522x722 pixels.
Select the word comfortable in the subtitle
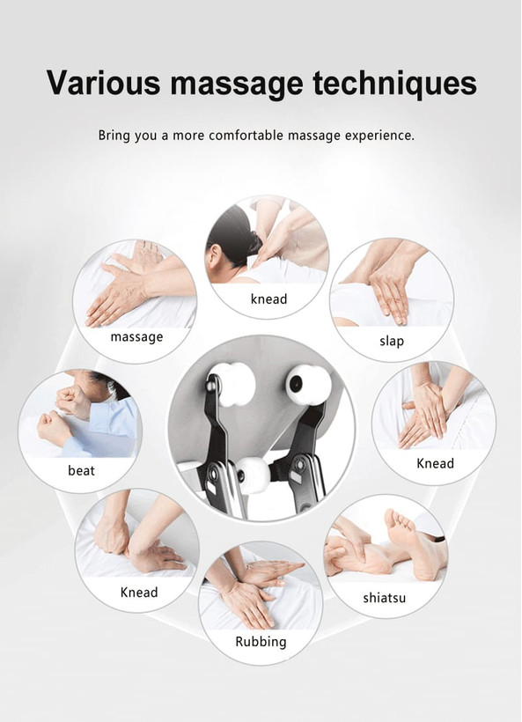tap(246, 136)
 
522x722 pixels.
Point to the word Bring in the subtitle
tap(114, 136)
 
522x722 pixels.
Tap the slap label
tap(392, 342)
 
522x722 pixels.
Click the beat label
tap(82, 470)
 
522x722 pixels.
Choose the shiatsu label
tap(385, 598)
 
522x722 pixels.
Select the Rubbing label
tap(261, 642)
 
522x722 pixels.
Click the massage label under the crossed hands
tap(136, 337)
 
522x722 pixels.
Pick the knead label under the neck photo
tap(268, 298)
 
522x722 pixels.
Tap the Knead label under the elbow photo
tap(139, 593)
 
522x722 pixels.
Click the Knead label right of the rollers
tap(435, 463)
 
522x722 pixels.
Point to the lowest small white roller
tap(253, 475)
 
